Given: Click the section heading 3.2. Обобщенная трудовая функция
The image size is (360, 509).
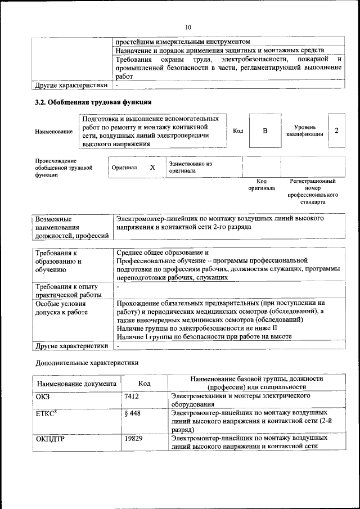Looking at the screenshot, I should (x=93, y=102).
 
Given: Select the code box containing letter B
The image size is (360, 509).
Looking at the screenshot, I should (x=265, y=130).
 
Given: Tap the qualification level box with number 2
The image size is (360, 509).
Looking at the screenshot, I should (x=336, y=130).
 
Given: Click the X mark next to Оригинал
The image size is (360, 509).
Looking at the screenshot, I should (x=152, y=168).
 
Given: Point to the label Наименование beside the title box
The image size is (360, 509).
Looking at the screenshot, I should (x=54, y=132).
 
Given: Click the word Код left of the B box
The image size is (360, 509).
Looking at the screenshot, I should (x=238, y=130).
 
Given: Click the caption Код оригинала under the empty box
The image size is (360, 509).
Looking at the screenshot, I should (x=262, y=184).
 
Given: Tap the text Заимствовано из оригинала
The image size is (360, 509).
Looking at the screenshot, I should (x=190, y=167).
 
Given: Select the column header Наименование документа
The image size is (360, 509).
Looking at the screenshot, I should (x=76, y=384).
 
